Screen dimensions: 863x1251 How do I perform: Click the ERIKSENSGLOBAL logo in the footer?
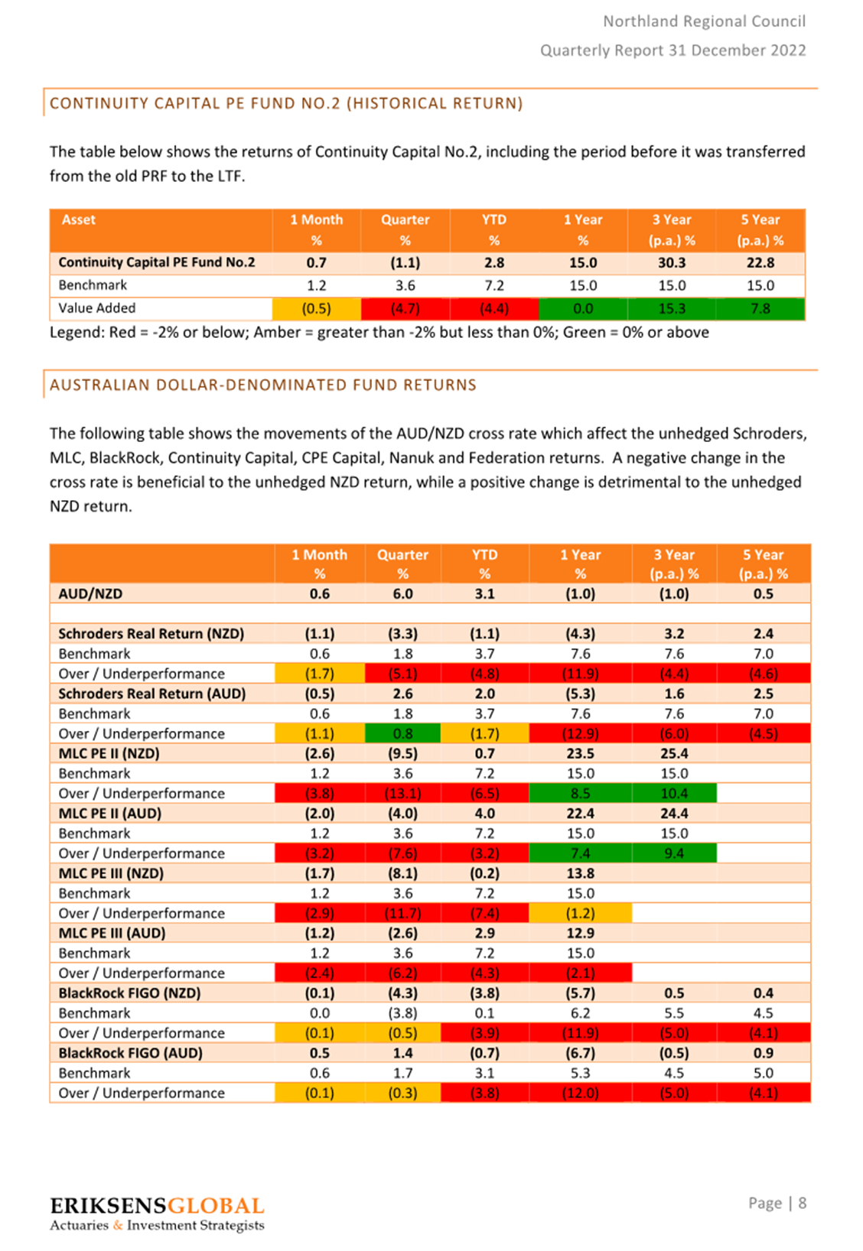pyautogui.click(x=157, y=1213)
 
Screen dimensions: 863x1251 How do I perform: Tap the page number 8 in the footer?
pyautogui.click(x=802, y=1202)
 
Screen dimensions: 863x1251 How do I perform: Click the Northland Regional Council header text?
pyautogui.click(x=705, y=21)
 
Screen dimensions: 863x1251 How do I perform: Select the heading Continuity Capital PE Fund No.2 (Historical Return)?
pyautogui.click(x=286, y=103)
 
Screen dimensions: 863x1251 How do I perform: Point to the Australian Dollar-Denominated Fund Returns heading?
pyautogui.click(x=262, y=385)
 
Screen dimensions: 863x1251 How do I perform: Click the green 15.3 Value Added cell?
pyautogui.click(x=672, y=309)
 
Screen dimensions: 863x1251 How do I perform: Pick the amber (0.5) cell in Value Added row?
pyautogui.click(x=317, y=309)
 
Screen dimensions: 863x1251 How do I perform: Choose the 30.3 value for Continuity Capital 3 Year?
pyautogui.click(x=672, y=262)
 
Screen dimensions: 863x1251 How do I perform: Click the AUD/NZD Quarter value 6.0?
pyautogui.click(x=402, y=593)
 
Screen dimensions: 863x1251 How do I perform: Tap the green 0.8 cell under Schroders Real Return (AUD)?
pyautogui.click(x=402, y=733)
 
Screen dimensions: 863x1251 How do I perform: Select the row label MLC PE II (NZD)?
pyautogui.click(x=109, y=753)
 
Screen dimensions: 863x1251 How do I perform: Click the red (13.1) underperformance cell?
pyautogui.click(x=402, y=793)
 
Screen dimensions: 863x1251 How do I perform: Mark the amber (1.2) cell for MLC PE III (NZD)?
pyautogui.click(x=580, y=913)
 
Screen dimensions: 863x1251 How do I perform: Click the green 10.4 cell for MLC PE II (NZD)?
pyautogui.click(x=674, y=793)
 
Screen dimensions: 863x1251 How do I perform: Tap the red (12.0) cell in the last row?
pyautogui.click(x=580, y=1093)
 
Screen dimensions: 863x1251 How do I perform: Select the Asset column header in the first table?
pyautogui.click(x=79, y=219)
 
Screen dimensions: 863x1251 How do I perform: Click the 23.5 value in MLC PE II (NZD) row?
pyautogui.click(x=580, y=753)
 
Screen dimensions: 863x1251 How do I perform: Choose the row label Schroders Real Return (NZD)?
pyautogui.click(x=151, y=634)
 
